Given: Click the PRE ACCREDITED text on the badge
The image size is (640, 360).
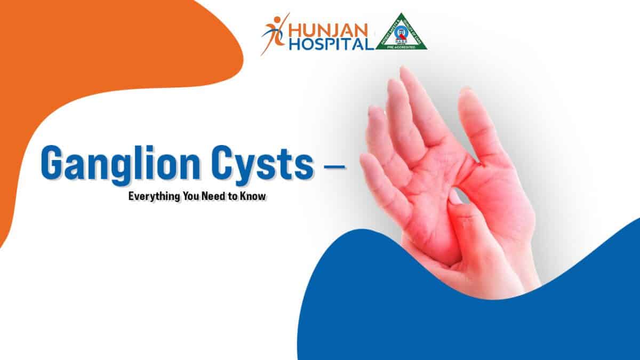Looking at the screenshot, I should [402, 46].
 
